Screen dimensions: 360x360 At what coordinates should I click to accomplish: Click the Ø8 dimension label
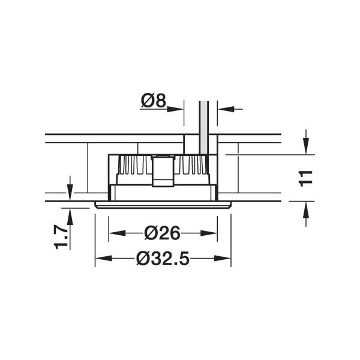(154, 100)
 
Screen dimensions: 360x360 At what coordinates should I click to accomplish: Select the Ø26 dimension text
(163, 233)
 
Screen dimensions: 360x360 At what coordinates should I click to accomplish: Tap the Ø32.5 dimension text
(163, 259)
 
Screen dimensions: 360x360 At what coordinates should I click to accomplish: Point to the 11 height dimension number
(305, 178)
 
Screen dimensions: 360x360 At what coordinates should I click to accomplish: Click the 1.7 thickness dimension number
(61, 238)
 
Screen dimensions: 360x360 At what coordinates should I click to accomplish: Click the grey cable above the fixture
(204, 127)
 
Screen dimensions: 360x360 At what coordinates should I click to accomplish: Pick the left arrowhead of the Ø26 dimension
(117, 233)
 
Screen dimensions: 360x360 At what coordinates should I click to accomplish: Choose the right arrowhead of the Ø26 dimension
(209, 233)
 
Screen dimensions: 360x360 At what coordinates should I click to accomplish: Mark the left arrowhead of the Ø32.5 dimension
(104, 259)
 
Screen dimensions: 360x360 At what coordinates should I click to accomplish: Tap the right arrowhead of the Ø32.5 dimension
(223, 259)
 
